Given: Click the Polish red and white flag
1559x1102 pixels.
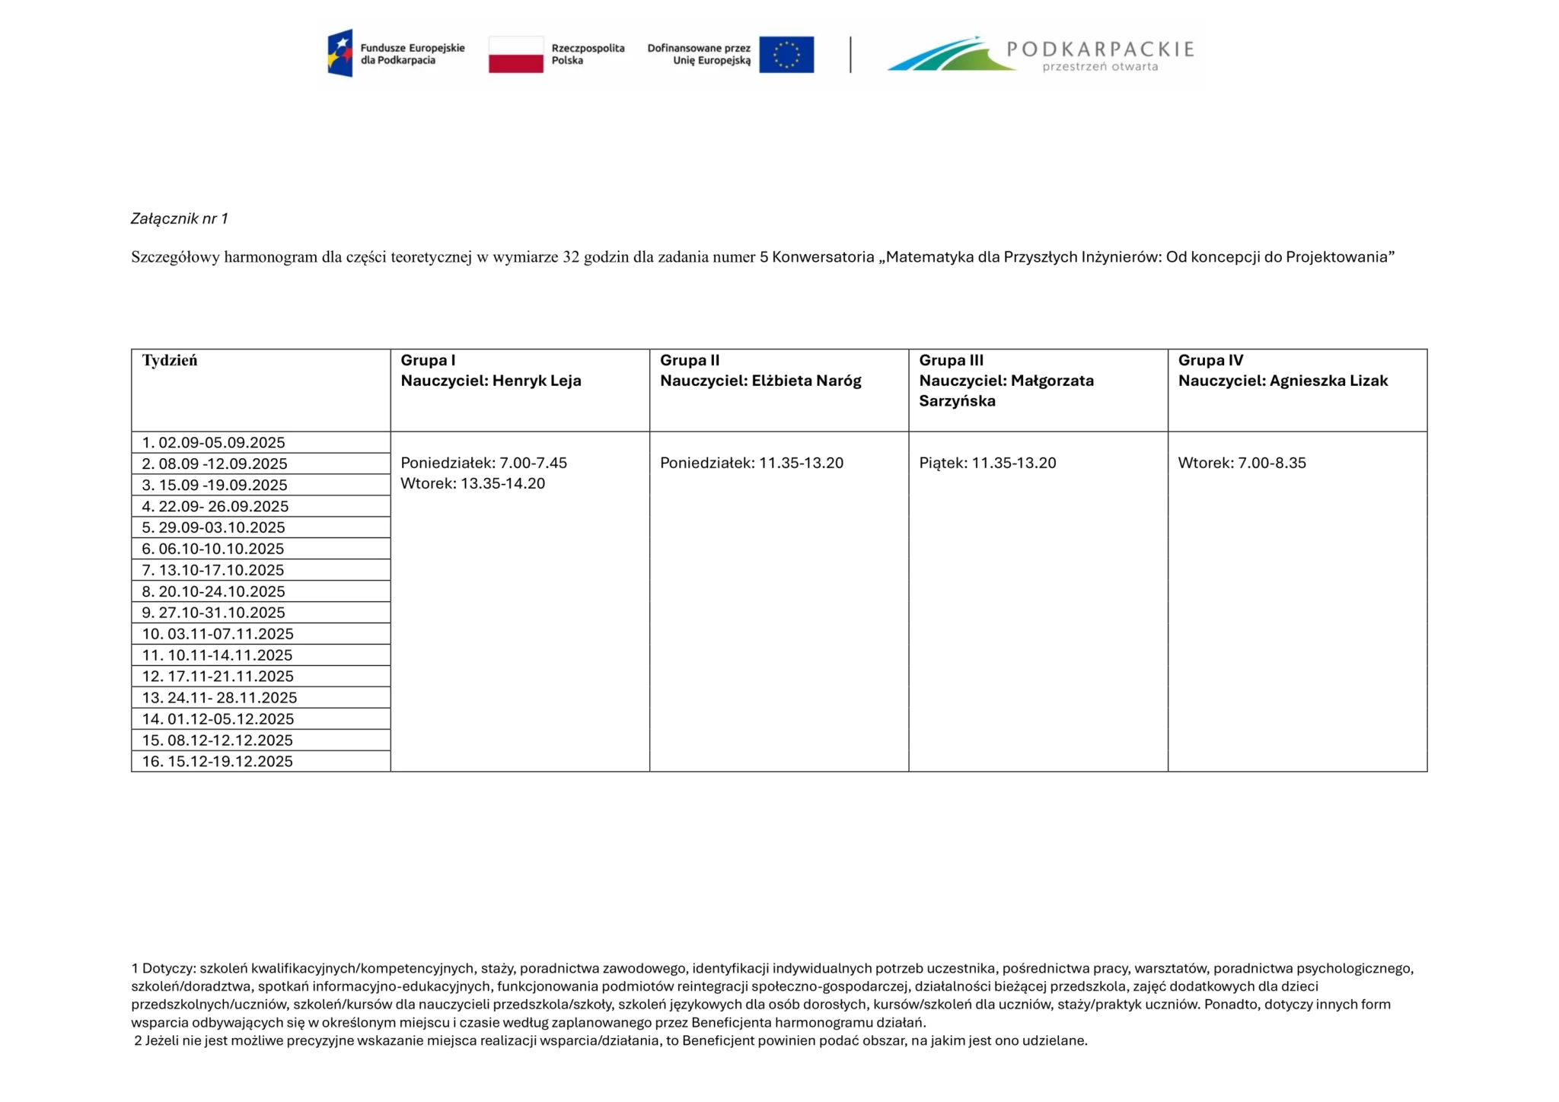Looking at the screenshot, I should (x=515, y=55).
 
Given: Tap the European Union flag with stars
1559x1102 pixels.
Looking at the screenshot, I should (x=786, y=55).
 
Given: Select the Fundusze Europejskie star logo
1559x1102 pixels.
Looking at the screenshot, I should (x=340, y=53).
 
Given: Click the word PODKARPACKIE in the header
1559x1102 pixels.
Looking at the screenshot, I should (x=1100, y=49).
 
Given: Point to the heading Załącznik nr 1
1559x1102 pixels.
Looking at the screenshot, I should (x=180, y=219).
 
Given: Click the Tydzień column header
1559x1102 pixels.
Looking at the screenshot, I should (x=170, y=361).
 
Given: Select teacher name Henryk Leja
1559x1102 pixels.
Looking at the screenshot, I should (x=537, y=381).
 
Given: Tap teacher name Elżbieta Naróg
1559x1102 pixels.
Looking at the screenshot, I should (x=806, y=381).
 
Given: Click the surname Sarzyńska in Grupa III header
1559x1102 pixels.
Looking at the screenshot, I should (x=957, y=401).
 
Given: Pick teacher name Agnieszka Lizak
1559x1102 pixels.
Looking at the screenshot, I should (x=1328, y=381).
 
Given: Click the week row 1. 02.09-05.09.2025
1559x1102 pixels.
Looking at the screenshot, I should (x=214, y=443).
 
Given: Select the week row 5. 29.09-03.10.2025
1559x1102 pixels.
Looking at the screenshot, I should (x=214, y=527).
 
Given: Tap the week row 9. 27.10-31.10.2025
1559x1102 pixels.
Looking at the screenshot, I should (x=214, y=613).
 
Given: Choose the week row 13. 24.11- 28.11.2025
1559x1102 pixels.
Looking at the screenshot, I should (x=219, y=698).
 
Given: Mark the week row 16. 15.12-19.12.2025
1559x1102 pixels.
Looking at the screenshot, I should (x=218, y=762).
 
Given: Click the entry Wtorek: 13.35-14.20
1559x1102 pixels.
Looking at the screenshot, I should (x=473, y=484).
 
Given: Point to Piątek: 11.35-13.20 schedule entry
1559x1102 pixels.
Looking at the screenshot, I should (x=987, y=463).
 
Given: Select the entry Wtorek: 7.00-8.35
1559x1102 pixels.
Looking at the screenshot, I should (x=1242, y=463).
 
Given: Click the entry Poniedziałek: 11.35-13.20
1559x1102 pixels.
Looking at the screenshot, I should (x=751, y=463).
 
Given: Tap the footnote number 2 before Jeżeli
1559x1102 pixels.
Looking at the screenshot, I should (x=138, y=1041).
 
